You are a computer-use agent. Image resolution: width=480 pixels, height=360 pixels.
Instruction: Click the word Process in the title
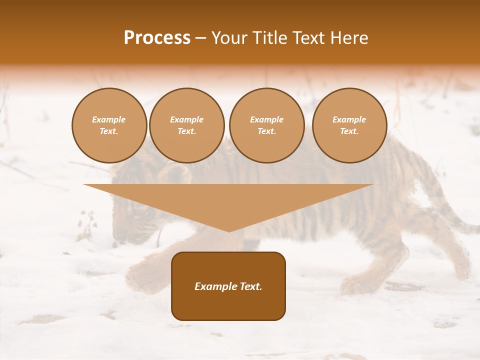157,38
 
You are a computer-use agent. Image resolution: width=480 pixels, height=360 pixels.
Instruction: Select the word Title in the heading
272,38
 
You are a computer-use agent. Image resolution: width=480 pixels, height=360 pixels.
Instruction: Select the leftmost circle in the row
109,125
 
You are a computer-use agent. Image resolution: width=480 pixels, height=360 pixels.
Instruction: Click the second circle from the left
187,125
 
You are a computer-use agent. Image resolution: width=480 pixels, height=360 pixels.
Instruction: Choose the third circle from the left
266,125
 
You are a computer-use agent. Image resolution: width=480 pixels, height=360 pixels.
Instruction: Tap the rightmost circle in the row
349,125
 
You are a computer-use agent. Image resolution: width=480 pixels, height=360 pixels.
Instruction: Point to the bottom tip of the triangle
229,230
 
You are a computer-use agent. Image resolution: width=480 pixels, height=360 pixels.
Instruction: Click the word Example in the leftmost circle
109,119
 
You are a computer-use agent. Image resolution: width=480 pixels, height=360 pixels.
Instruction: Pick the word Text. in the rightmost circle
349,131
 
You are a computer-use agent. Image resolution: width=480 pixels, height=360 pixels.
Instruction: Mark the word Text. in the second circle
187,131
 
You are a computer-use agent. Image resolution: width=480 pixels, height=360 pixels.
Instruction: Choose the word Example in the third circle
266,119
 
